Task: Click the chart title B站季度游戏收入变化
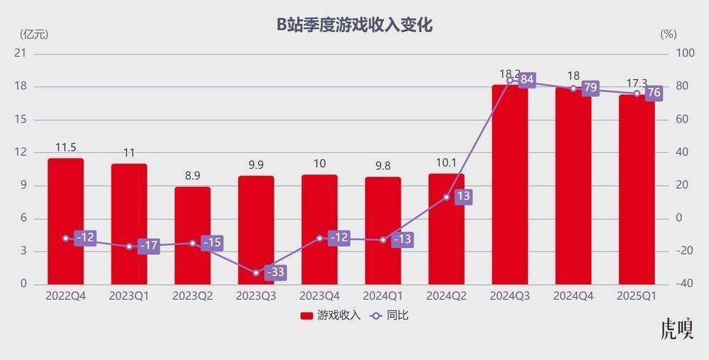coord(354,25)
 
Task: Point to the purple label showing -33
coord(275,271)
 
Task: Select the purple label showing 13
coord(463,196)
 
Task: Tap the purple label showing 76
coord(654,93)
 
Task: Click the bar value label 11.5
coord(65,147)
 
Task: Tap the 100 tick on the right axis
coord(685,54)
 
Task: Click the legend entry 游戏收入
coord(330,315)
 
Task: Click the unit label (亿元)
coord(33,33)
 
